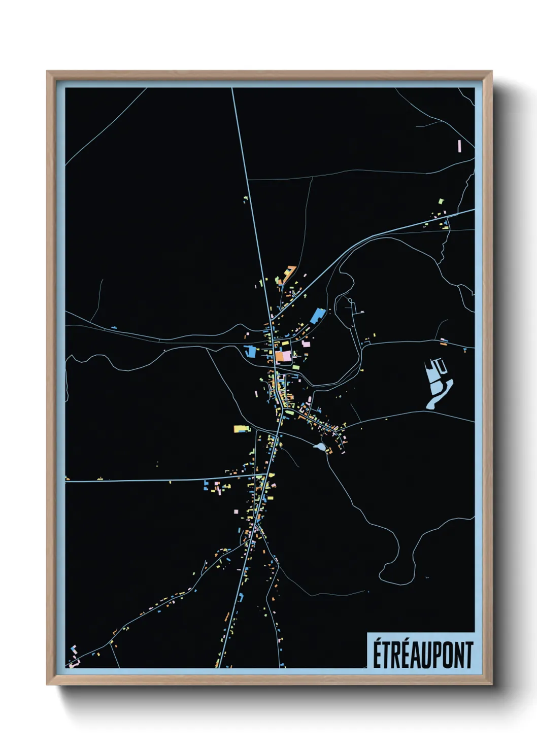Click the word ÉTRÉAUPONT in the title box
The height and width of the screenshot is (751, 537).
click(423, 655)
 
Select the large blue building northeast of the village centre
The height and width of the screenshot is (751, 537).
click(317, 315)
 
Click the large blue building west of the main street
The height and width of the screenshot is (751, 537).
click(250, 351)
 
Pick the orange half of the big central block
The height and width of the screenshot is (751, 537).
click(280, 356)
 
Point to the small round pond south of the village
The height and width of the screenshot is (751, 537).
click(320, 447)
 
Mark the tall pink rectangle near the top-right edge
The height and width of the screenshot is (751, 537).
click(459, 146)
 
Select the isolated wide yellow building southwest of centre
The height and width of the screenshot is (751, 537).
click(240, 429)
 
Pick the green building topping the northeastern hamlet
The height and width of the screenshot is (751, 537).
click(441, 201)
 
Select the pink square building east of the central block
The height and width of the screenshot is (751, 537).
click(306, 344)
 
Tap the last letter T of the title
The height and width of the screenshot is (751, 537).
click(469, 655)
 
